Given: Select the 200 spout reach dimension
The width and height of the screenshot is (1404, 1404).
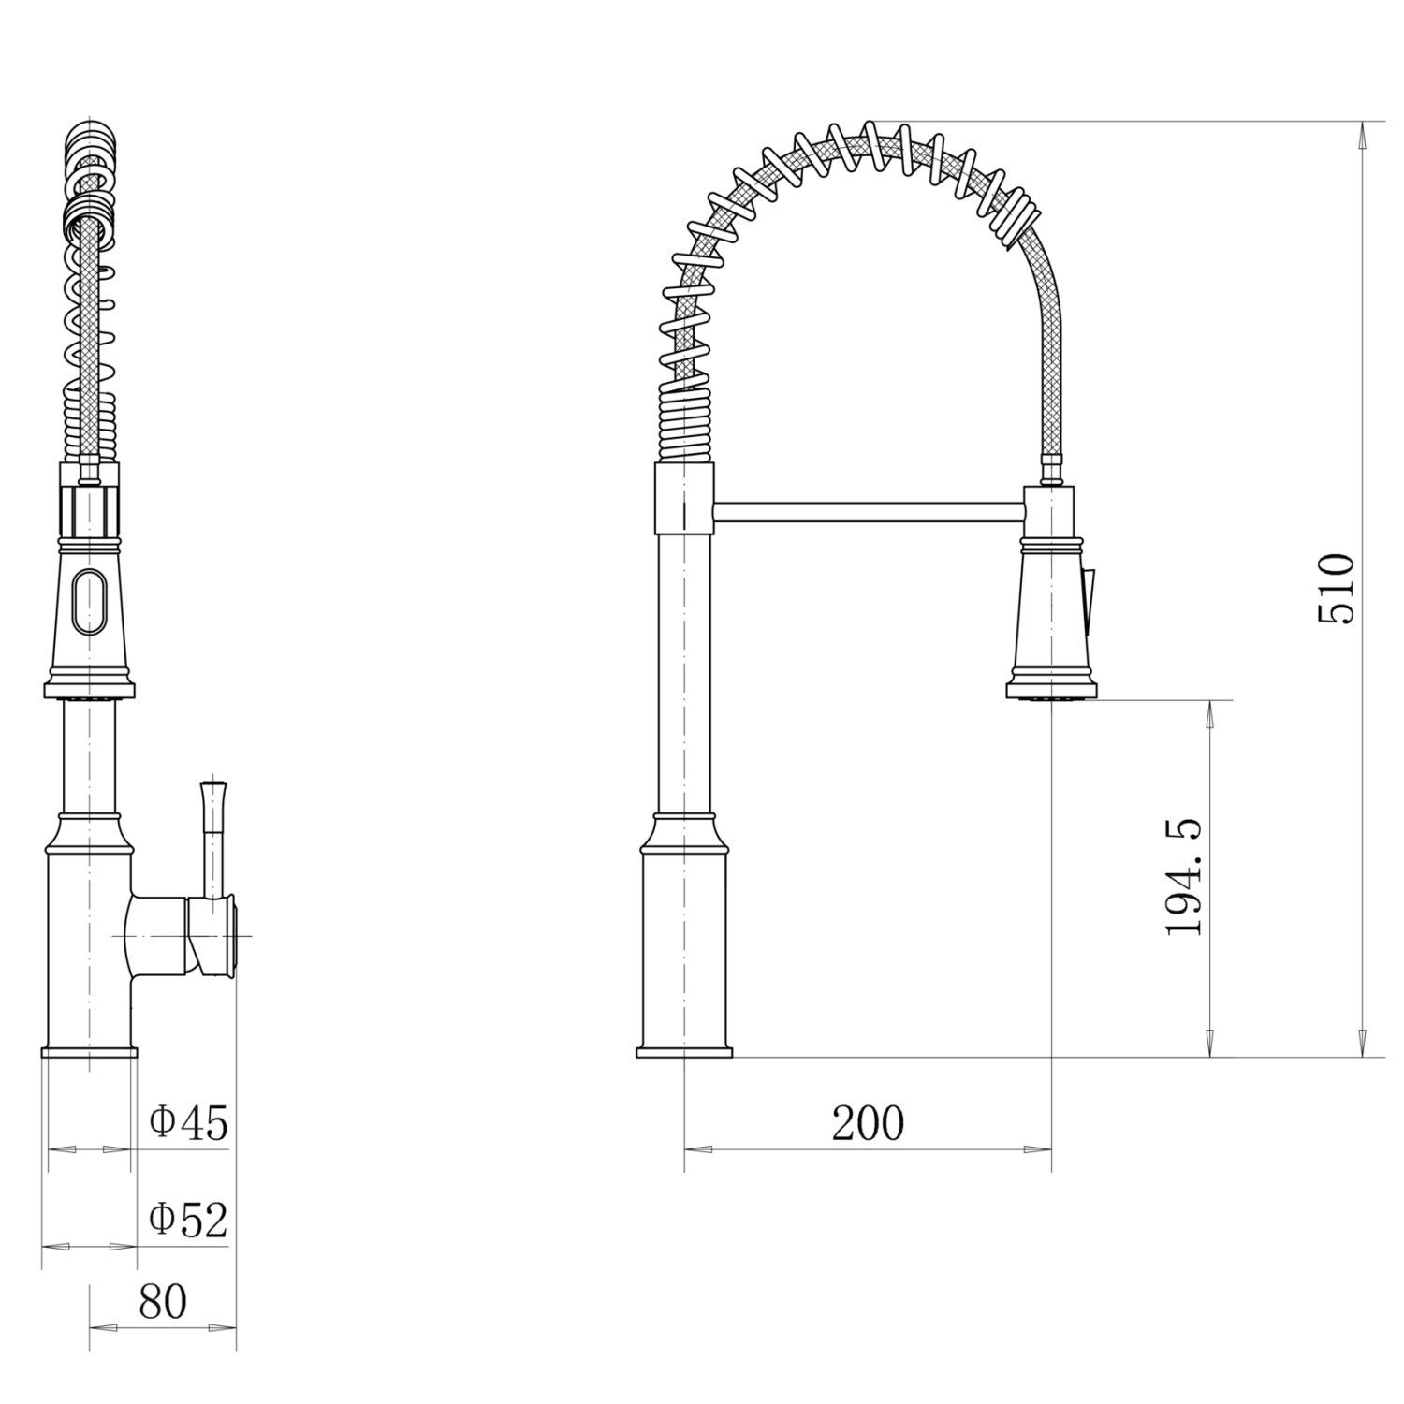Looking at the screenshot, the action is (x=869, y=1123).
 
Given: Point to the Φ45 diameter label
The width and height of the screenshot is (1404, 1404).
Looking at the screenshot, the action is (x=189, y=1122).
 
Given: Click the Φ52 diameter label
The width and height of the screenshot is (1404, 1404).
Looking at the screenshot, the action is (x=189, y=1220).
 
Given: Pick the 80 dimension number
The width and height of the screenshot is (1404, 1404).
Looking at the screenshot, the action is (x=163, y=1301).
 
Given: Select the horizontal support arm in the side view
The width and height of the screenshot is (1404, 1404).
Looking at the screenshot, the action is (x=868, y=511).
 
